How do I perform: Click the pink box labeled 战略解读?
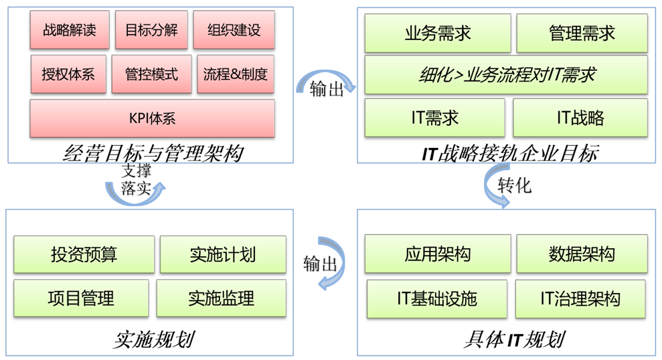coord(69,30)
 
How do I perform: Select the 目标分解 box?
coord(151,30)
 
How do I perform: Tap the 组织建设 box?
coord(234,30)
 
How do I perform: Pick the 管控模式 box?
coord(151,74)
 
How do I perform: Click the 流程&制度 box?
coord(236,74)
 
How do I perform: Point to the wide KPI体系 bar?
coord(152,118)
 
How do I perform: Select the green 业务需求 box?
coord(438,33)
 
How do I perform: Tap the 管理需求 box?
coord(582,33)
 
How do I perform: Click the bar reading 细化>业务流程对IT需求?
coord(506,74)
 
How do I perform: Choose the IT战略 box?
coord(580,118)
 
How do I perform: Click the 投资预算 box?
coord(84,254)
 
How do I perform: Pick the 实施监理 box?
coord(221,298)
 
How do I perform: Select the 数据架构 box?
coord(582,254)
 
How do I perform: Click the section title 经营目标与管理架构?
coord(153,154)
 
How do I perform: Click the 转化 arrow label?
coord(514,185)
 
